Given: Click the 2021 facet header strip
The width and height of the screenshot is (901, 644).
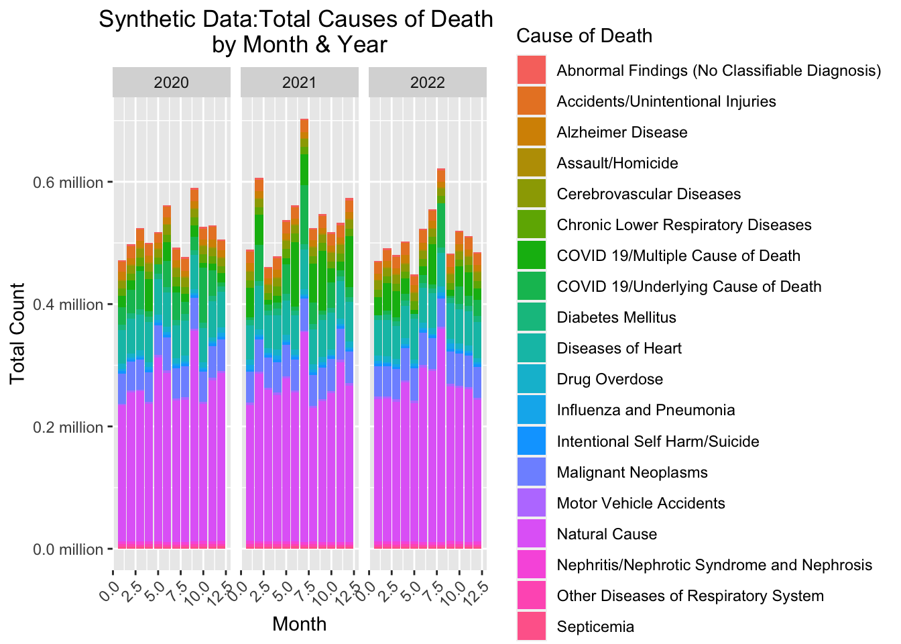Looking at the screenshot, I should coord(300,83).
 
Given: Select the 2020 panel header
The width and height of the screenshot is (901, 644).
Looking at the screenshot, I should coord(171,83).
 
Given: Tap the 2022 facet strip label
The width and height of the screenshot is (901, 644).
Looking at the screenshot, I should coord(428,83).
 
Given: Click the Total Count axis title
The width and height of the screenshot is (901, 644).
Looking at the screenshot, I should coord(18,333).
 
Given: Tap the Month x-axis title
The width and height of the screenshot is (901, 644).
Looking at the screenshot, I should coord(300,624).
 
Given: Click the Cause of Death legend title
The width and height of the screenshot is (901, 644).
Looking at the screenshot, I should coord(585,36).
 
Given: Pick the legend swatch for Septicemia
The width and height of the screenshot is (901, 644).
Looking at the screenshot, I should coord(531,627).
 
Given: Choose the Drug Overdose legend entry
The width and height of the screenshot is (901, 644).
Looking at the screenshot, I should coord(609,380).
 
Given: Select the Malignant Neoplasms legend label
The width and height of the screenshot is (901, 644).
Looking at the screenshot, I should coord(632,472).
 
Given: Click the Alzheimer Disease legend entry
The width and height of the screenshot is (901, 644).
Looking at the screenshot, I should coord(621,132).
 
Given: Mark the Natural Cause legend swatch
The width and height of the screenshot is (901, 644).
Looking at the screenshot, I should coord(531,534).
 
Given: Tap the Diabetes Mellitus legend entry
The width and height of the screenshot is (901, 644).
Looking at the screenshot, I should coord(616,317).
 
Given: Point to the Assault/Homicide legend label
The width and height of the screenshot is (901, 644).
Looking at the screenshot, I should coord(617,163).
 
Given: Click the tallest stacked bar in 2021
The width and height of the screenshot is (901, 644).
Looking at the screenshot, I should coord(304,335).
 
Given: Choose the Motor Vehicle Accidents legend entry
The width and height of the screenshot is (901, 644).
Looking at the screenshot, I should coord(640,503).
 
